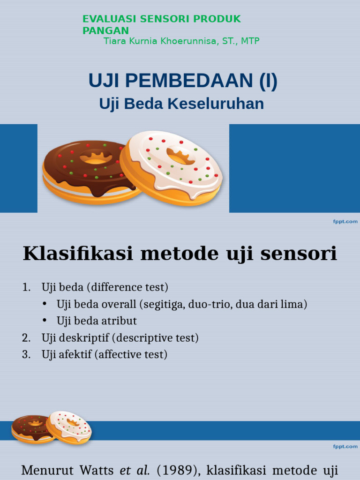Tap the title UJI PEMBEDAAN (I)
(183, 81)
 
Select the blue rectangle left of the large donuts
(18, 168)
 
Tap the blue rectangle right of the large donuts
(294, 168)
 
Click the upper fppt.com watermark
(345, 221)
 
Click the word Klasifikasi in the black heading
(75, 254)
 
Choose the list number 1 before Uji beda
(26, 287)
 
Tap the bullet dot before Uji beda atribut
(45, 321)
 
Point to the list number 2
(26, 338)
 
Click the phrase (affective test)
(131, 355)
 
